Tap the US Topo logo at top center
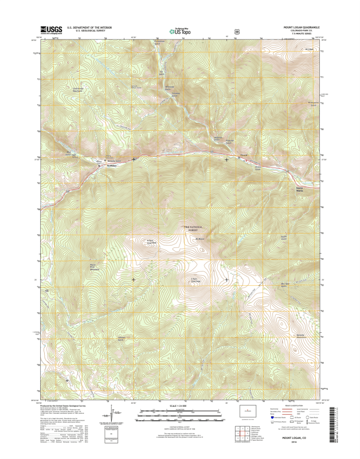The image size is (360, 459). coord(180,32)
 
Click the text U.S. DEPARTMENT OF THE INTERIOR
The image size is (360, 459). coord(89,26)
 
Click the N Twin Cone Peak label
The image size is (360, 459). coord(151,242)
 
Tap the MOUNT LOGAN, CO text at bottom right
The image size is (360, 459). coord(304,438)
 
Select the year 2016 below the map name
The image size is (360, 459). coord(304,442)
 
